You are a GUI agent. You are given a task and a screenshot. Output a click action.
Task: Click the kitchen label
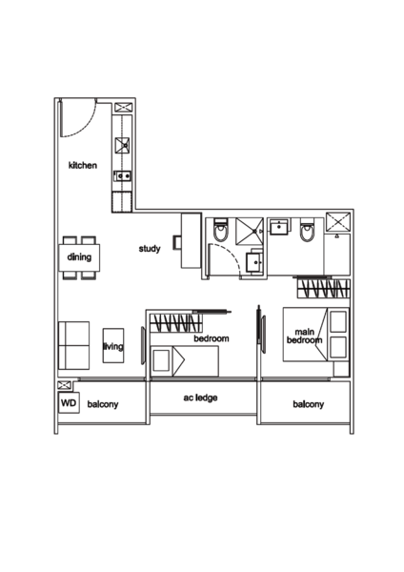point(85,167)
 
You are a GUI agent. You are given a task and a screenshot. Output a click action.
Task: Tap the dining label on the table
point(78,257)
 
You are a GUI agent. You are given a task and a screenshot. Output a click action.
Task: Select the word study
point(150,248)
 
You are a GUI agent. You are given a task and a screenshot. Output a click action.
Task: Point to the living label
point(112,347)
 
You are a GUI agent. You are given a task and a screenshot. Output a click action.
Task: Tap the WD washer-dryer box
point(67,404)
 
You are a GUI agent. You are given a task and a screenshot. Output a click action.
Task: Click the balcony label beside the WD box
point(103,404)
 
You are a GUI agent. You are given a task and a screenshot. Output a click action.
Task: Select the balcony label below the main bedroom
point(308,404)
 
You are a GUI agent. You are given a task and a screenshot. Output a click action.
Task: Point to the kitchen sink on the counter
point(123,145)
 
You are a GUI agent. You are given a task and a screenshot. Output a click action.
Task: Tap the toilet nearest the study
point(219,233)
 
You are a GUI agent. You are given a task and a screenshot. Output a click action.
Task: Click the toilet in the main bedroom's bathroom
point(304,233)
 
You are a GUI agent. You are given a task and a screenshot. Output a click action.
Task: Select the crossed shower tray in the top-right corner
point(336,224)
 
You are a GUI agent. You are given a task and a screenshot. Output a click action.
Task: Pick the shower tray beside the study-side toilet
point(249,229)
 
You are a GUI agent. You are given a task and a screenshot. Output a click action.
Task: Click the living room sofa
point(73,345)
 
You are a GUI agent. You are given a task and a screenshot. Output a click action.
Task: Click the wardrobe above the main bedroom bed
point(322,285)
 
